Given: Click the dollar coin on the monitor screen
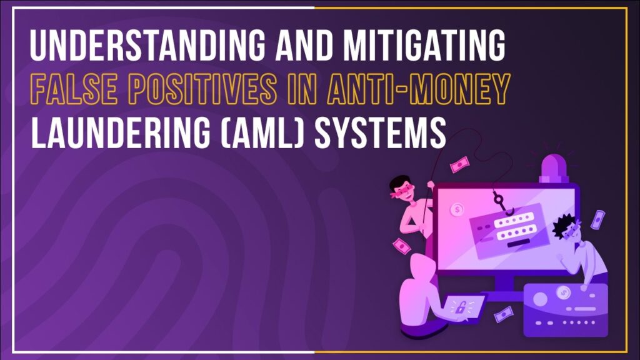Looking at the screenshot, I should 457,209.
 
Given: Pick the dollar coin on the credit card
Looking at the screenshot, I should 566,293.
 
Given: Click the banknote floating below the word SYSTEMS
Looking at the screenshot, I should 457,164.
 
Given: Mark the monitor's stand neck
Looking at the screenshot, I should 499,287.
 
